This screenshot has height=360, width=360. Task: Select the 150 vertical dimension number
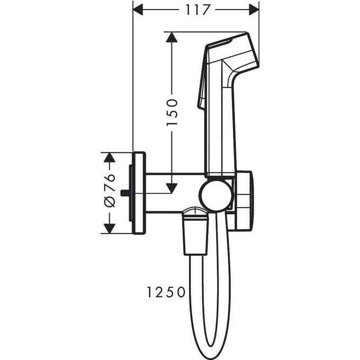(172, 112)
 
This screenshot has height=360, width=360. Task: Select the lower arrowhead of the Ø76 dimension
(109, 228)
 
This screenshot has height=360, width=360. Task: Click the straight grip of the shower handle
(220, 132)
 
